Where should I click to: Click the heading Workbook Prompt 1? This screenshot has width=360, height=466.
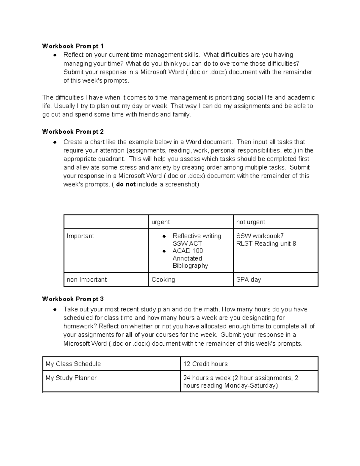(73, 46)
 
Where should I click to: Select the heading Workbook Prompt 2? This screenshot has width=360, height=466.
(73, 131)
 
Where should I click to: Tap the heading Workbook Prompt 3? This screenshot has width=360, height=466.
(73, 299)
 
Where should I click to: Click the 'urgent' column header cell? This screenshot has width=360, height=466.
(161, 222)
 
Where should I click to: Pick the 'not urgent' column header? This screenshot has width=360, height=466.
(250, 222)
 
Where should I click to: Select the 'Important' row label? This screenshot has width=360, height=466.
(80, 236)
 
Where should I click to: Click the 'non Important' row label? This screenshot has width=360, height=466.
(87, 279)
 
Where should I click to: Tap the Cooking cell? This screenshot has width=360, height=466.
(163, 279)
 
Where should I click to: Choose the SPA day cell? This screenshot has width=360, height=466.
(248, 279)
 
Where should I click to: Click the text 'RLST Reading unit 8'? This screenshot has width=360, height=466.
(266, 243)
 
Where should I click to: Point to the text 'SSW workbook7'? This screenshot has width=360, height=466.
(260, 236)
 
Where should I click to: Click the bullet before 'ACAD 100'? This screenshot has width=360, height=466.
(164, 251)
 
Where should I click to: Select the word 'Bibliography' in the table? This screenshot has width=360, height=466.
(190, 266)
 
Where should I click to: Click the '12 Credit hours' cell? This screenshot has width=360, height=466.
(205, 364)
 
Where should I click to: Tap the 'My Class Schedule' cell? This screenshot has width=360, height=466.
(73, 364)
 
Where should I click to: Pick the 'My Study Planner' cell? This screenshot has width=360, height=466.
(71, 378)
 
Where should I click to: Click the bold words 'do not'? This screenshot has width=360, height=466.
(126, 184)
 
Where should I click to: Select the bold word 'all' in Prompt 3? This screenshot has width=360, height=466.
(129, 335)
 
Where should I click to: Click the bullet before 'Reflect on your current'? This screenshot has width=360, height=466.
(55, 55)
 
